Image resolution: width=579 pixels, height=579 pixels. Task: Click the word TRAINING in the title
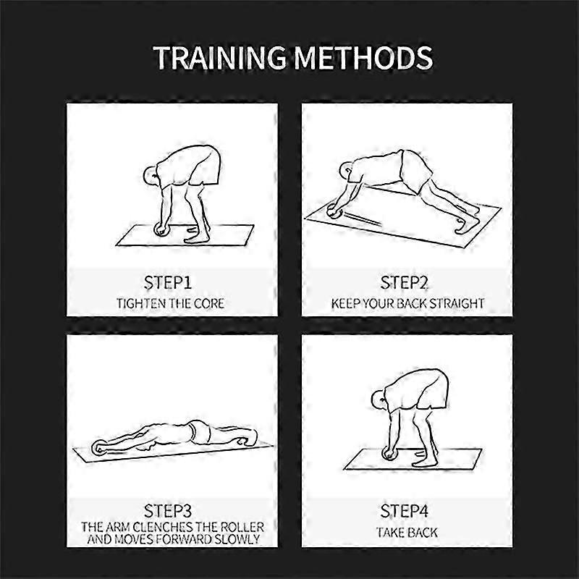[x=220, y=58]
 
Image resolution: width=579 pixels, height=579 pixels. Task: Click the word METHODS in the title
[x=363, y=58]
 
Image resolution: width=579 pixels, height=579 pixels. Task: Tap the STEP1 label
[x=168, y=283]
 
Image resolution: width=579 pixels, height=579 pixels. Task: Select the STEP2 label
[x=404, y=283]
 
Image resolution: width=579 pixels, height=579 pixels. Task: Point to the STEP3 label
[x=168, y=511]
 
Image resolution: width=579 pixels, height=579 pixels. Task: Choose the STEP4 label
[x=405, y=511]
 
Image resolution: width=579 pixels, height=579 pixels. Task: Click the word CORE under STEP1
[x=209, y=303]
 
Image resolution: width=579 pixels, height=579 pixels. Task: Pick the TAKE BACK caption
[x=407, y=533]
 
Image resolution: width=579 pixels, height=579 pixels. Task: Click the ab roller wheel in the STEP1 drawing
[x=161, y=229]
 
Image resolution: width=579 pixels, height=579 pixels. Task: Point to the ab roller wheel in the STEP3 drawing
[x=99, y=447]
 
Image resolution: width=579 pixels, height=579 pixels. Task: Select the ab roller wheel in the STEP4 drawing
[x=389, y=453]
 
